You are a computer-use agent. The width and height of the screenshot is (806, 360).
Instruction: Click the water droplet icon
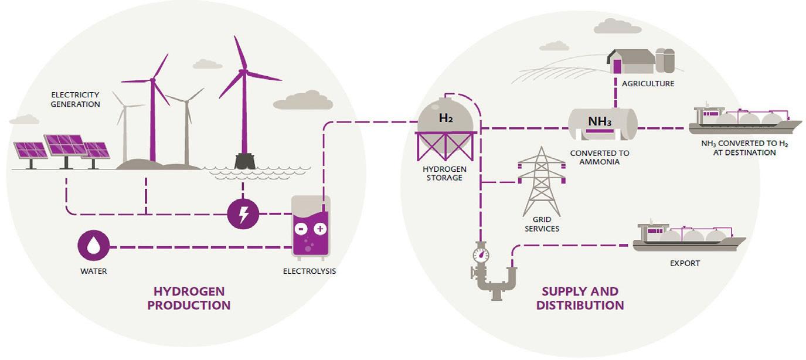[94, 246]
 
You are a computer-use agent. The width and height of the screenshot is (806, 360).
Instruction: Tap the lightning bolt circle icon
[243, 215]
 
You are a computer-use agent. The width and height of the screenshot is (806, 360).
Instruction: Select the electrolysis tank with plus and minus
[311, 228]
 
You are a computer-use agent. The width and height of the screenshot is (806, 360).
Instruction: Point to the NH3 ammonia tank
[603, 123]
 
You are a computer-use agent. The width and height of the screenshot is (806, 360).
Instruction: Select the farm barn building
[630, 61]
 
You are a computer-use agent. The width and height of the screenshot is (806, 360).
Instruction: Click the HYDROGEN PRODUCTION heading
[189, 298]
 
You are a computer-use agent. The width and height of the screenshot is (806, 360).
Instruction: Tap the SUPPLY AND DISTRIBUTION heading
[580, 298]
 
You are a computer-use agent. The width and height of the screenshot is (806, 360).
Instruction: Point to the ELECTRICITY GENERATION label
[76, 100]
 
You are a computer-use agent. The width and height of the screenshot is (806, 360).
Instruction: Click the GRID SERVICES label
[542, 223]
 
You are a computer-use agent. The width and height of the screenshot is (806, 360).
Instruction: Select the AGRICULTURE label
[648, 84]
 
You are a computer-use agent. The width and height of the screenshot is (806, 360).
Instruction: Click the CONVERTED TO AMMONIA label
[600, 157]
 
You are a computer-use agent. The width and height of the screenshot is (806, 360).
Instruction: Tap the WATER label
[94, 271]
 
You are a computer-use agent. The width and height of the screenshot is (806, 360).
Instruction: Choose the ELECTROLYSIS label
[310, 271]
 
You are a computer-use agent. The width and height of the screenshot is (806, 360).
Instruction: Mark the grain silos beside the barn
[665, 60]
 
